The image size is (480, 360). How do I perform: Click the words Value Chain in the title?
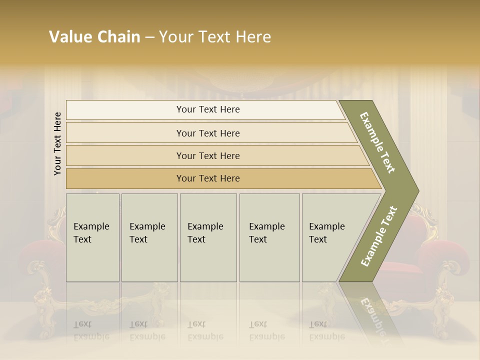coord(94,37)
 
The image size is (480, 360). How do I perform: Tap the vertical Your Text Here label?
coord(57,143)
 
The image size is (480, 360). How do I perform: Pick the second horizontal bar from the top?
coord(207,133)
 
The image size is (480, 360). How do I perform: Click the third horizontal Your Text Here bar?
coord(207,155)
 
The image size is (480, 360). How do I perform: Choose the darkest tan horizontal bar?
coord(207,178)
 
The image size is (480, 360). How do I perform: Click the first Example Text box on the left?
coord(92,237)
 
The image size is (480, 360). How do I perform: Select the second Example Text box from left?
coord(149,237)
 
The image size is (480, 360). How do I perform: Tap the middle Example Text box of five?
coord(208,237)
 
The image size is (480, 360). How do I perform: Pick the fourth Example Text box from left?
coord(269,237)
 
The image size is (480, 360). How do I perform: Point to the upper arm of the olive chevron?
coord(377,142)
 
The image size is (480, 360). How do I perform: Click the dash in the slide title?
coord(149,37)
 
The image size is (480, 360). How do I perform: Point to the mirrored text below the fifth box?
coord(327,330)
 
